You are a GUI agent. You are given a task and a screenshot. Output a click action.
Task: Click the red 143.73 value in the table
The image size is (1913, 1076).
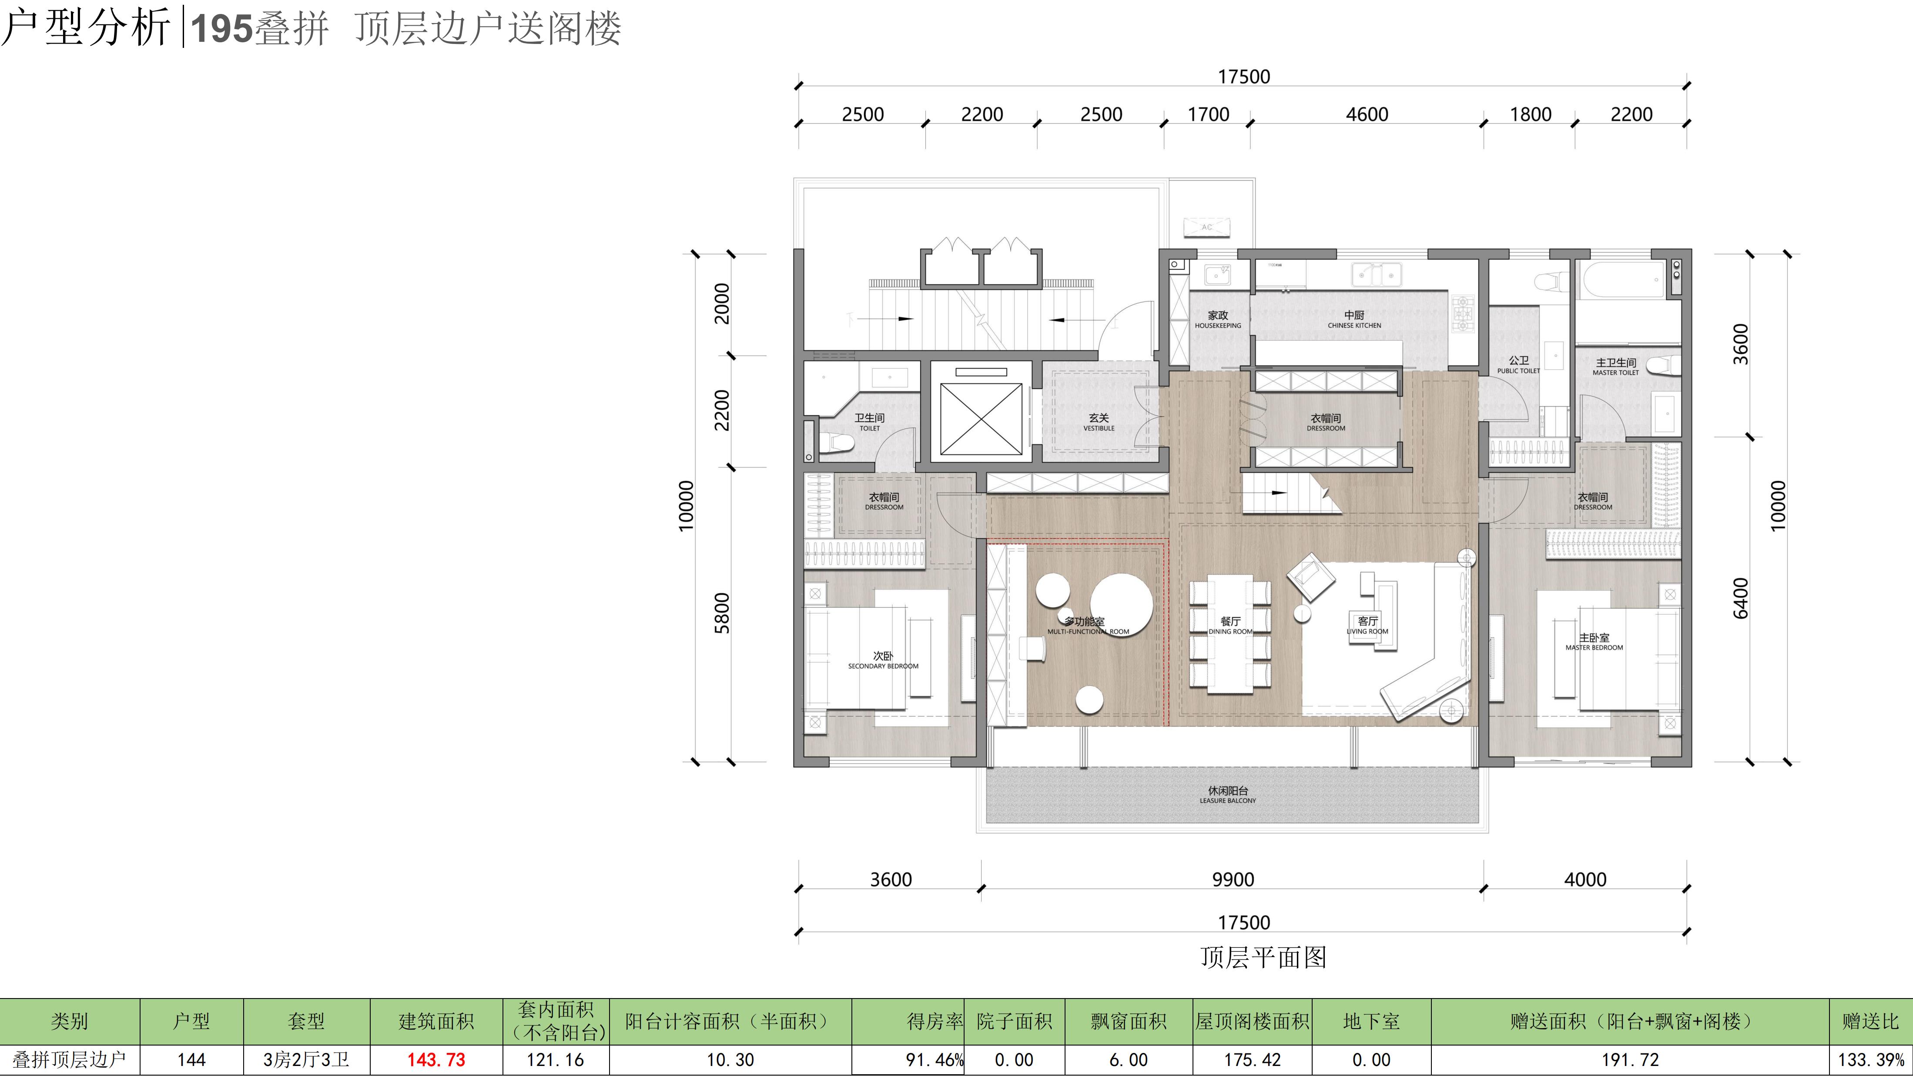click(x=436, y=1059)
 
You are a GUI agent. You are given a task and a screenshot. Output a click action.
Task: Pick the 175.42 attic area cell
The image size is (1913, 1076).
click(x=1252, y=1059)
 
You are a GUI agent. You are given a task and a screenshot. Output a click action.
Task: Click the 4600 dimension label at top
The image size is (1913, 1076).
click(x=1367, y=114)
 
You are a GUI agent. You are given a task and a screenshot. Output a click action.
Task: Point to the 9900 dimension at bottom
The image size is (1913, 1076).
click(x=1233, y=880)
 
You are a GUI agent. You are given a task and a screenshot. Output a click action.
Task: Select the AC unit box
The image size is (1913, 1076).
click(x=1207, y=227)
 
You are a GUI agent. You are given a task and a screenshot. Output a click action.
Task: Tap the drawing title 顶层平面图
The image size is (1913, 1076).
click(x=1263, y=957)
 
